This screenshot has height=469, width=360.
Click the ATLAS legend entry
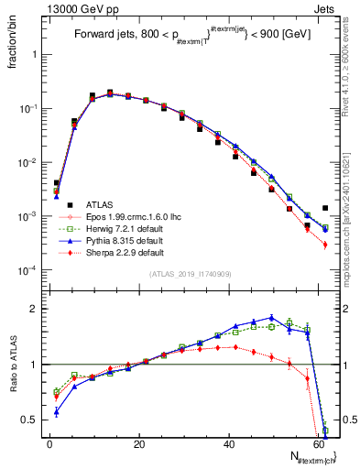[x=98, y=204]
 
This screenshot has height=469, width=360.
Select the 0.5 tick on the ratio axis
[x=31, y=420]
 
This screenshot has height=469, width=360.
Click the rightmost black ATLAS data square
[x=325, y=208]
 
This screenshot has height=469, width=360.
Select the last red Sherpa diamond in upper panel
[x=325, y=245]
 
